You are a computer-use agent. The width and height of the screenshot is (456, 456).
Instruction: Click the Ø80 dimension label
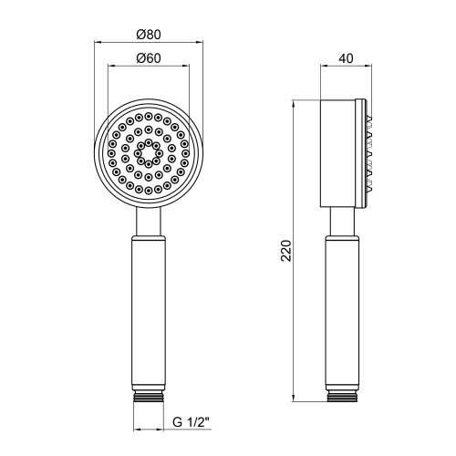(149, 35)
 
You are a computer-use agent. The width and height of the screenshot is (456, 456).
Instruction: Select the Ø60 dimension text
(149, 58)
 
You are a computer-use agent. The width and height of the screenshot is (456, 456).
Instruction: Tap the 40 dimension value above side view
(346, 58)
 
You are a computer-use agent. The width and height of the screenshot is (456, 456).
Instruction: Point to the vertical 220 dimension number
(286, 251)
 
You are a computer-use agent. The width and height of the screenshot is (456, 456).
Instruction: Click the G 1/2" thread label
(192, 422)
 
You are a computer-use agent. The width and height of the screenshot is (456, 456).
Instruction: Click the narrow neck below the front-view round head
(149, 222)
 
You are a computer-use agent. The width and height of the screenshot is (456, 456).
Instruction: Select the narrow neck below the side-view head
(342, 222)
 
